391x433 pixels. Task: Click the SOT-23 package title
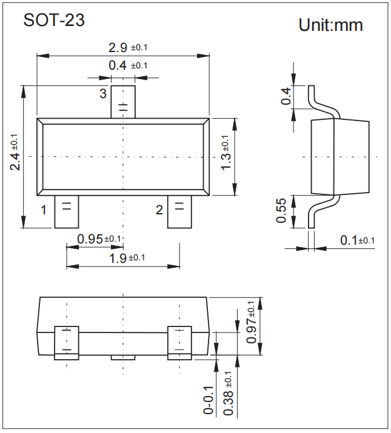coord(54,20)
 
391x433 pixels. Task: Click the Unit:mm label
coord(330,25)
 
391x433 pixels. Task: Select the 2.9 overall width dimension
coord(128,47)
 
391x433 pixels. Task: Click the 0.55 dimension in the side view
coord(281,210)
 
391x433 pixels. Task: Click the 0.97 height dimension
coord(251,322)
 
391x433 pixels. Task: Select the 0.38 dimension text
coord(229,397)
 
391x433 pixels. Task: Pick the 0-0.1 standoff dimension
coord(209,399)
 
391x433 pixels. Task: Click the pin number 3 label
coord(103,93)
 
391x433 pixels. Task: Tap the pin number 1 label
coord(44,210)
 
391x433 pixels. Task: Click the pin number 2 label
coord(159,210)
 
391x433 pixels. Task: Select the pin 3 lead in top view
coord(122,102)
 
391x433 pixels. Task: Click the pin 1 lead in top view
coord(66,212)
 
